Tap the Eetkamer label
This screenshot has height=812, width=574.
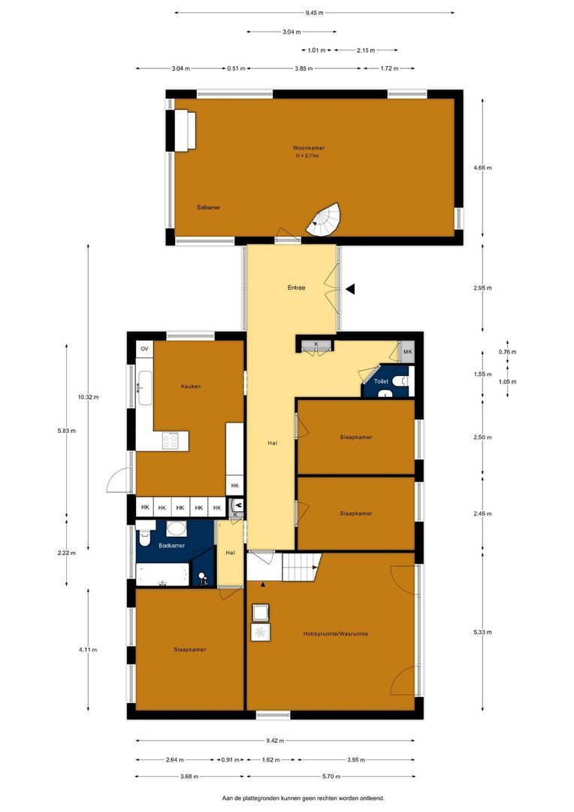pos(209,208)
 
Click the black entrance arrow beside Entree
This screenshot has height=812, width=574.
pos(350,289)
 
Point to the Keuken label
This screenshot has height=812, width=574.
pos(191,386)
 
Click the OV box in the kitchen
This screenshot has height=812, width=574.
pos(145,349)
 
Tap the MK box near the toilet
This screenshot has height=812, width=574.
pos(407,352)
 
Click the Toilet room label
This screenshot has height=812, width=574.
pos(381,382)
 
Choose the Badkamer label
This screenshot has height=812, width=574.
pos(172,545)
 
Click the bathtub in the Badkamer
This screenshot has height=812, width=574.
pos(162,575)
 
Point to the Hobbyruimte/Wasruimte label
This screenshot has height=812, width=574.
pos(336,634)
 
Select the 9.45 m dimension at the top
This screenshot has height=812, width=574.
pos(314,12)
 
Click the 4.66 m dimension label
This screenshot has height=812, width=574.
pos(483,168)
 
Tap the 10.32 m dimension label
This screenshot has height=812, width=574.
pos(89,396)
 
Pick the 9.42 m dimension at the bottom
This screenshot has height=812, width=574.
pos(275,740)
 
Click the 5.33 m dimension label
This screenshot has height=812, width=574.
pos(483,632)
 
